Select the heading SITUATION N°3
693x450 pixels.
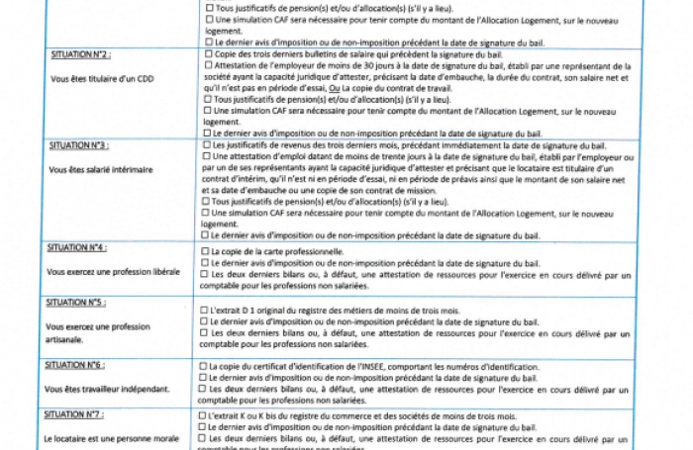tap(78, 145)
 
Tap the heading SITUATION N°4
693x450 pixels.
tap(78, 246)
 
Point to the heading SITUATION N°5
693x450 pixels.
tap(78, 302)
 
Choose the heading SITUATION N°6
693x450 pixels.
tap(78, 365)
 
